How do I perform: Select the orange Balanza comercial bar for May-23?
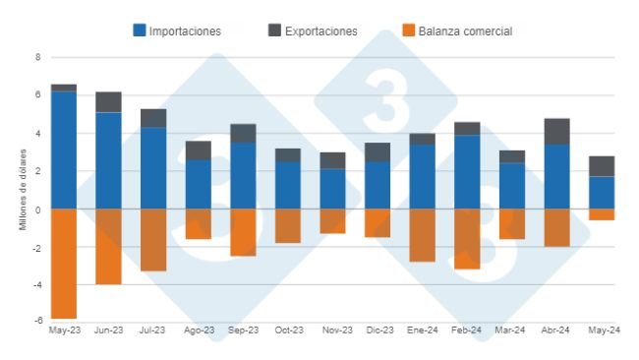[x=64, y=264]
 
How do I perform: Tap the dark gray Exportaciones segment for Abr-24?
[x=556, y=132]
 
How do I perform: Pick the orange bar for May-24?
[x=602, y=214]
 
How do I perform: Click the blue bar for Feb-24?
[x=467, y=172]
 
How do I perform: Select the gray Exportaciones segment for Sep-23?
[x=243, y=134]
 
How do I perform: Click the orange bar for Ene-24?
[x=422, y=235]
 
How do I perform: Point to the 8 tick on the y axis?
[x=37, y=57]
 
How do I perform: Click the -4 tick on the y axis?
[x=35, y=285]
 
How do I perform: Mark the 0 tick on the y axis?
[x=37, y=210]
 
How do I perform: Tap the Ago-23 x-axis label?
[x=198, y=330]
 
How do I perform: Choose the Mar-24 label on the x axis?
[x=511, y=330]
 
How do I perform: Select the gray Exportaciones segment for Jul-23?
[x=153, y=118]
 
